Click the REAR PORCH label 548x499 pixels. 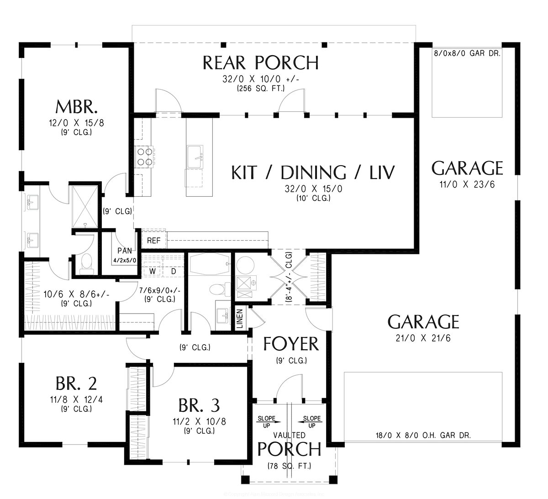click(x=260, y=63)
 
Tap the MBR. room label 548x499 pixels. click(x=76, y=107)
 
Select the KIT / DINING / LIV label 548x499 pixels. click(x=313, y=173)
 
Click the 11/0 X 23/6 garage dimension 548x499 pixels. click(x=468, y=185)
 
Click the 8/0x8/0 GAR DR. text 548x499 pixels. click(x=467, y=53)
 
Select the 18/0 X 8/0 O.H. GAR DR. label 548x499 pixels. click(x=423, y=436)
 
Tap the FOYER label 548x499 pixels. click(x=291, y=344)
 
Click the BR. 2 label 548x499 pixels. click(x=76, y=383)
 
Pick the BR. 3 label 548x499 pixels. click(x=199, y=404)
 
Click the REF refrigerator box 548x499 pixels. click(x=153, y=240)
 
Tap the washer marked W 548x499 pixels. click(x=153, y=271)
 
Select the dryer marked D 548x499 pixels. click(x=174, y=271)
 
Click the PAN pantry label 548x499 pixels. click(x=125, y=251)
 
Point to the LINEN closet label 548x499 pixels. click(x=240, y=319)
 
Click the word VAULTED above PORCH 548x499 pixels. click(x=290, y=435)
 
